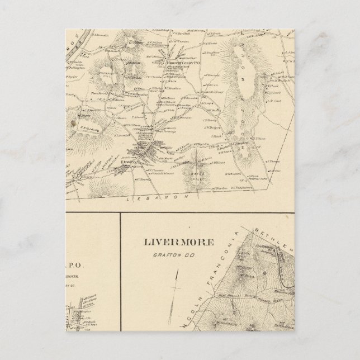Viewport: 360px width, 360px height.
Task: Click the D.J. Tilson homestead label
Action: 260,138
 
